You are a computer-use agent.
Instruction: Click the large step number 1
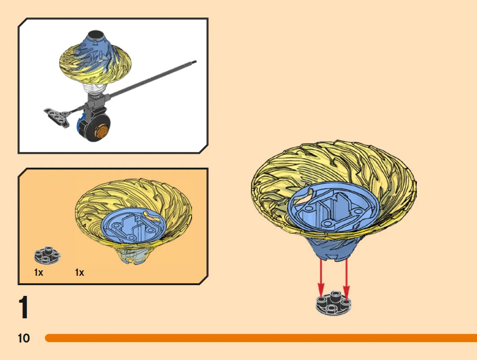pos(23,307)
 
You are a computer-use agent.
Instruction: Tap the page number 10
pos(24,338)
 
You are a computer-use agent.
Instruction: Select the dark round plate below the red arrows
pos(334,303)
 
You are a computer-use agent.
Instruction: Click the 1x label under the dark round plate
pos(39,273)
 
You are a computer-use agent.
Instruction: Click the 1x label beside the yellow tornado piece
pos(79,273)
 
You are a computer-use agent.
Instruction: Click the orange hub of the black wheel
pos(102,131)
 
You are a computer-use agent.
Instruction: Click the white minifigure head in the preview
pos(95,89)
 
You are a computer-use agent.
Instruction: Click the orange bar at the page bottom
pos(261,338)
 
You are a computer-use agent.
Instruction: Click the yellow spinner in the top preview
pos(96,62)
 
